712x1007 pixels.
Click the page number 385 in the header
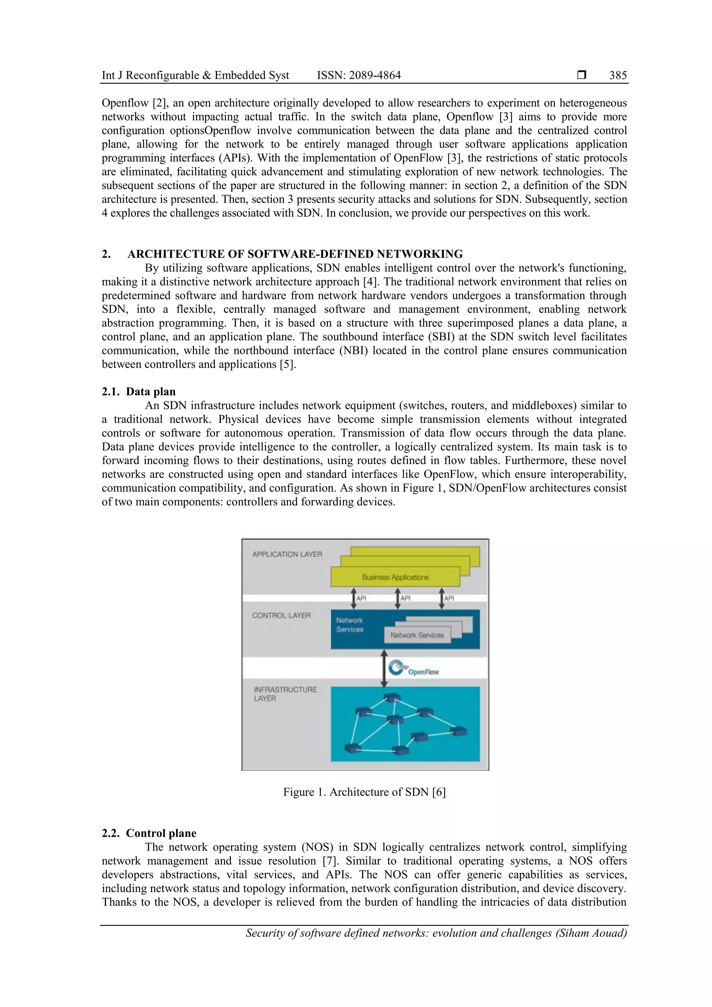tap(618, 75)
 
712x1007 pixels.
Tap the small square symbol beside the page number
tap(582, 75)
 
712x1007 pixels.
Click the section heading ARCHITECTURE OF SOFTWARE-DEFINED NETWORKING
tap(295, 254)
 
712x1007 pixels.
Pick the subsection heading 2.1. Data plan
tap(139, 392)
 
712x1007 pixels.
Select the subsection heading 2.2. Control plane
tap(149, 833)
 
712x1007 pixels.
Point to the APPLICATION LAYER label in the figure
tap(287, 554)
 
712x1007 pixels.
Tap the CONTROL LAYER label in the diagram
tap(281, 615)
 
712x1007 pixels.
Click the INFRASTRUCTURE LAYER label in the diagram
tap(285, 694)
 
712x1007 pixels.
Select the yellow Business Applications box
tap(395, 577)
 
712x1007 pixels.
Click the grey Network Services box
tap(417, 635)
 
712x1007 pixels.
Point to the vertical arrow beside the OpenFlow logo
tap(384, 668)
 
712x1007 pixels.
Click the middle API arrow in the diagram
tap(397, 598)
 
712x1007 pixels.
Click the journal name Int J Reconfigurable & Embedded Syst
tap(195, 75)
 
